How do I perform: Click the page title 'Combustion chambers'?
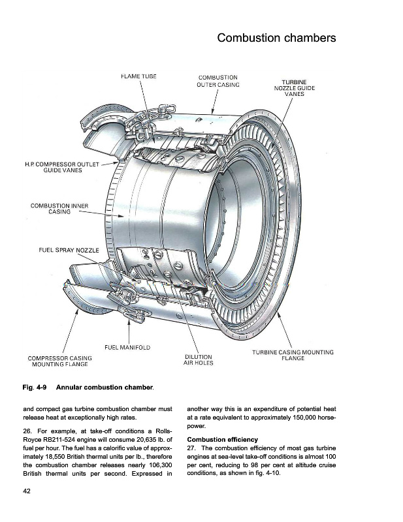(x=276, y=38)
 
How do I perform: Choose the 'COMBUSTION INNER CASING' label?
(x=59, y=210)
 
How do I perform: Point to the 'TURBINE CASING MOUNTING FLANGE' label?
(x=293, y=355)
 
